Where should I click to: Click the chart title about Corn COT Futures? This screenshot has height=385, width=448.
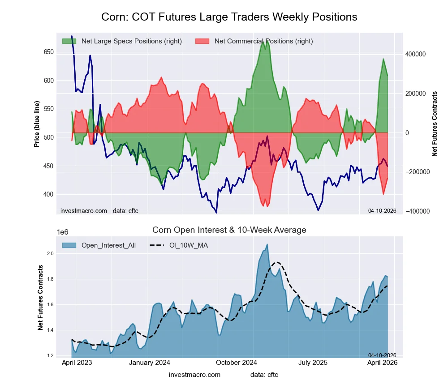coord(229,17)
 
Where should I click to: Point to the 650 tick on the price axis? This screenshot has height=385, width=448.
coord(48,52)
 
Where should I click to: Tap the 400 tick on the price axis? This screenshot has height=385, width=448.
coord(48,194)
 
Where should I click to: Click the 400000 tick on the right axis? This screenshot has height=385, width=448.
coord(415,54)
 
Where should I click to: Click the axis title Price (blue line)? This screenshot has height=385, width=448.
coord(37,123)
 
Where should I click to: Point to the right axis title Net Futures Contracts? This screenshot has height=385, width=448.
coord(434,124)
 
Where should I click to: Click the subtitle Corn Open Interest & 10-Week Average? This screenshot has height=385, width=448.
coord(229,230)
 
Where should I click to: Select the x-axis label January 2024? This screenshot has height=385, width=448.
coord(149,363)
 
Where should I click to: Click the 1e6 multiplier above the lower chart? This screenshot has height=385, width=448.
coord(63,232)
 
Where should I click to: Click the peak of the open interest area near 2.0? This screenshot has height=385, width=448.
coord(267,244)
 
